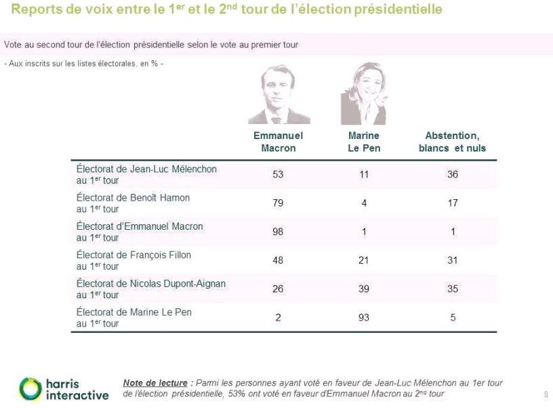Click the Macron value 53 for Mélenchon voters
tap(278, 174)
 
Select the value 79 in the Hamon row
tap(278, 203)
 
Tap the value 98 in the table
tap(278, 232)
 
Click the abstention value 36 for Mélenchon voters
tap(452, 174)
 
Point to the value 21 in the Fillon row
tap(364, 260)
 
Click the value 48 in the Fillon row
tap(278, 260)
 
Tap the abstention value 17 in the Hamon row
tap(452, 203)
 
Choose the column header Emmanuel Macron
tap(278, 142)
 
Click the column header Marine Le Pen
tap(364, 142)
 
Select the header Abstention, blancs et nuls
tap(452, 142)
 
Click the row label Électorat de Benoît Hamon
tap(133, 203)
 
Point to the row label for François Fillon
tap(134, 260)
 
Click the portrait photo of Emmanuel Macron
tap(278, 95)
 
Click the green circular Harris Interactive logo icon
tap(30, 388)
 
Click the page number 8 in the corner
tap(546, 394)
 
